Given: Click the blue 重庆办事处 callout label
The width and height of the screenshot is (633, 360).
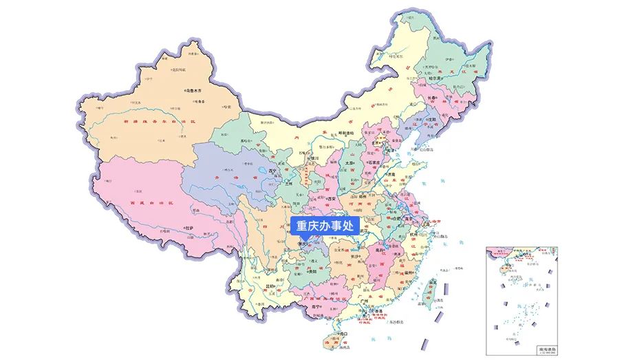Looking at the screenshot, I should point(324,226).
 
